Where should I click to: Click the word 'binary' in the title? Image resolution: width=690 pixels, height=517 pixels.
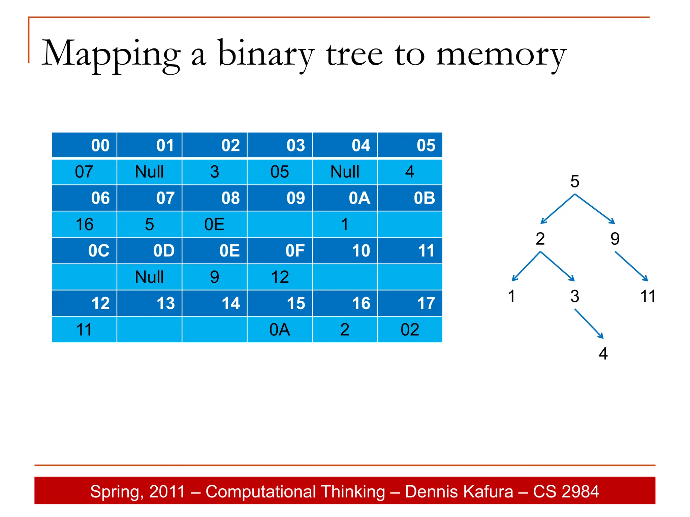[x=266, y=54]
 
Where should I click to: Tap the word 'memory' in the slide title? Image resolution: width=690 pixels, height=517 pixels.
[x=501, y=54]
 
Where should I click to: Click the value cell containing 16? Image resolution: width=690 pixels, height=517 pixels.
[x=84, y=225]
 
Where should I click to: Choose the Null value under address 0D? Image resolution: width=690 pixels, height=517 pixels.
[x=149, y=277]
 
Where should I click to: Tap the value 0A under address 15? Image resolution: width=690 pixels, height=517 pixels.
[x=280, y=330]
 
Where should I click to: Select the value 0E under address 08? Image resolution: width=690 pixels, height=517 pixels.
[x=214, y=225]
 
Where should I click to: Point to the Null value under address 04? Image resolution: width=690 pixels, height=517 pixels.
[x=345, y=172]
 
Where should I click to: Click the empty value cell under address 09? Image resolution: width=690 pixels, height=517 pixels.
[x=280, y=225]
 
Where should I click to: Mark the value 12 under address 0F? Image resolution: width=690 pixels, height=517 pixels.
[x=280, y=277]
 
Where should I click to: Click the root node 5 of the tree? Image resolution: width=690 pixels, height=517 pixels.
[x=575, y=181]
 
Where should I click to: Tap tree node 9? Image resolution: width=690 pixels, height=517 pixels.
[x=615, y=239]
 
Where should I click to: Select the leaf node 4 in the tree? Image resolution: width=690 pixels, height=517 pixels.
[x=603, y=354]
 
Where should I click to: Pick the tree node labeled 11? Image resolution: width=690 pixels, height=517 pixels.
[x=648, y=297]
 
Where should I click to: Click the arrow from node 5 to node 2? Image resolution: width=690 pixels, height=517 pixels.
[x=558, y=209]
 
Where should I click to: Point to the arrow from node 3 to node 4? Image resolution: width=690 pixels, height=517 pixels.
[x=589, y=324]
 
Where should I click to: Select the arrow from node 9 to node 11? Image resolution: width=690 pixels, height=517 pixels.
[x=631, y=266]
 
